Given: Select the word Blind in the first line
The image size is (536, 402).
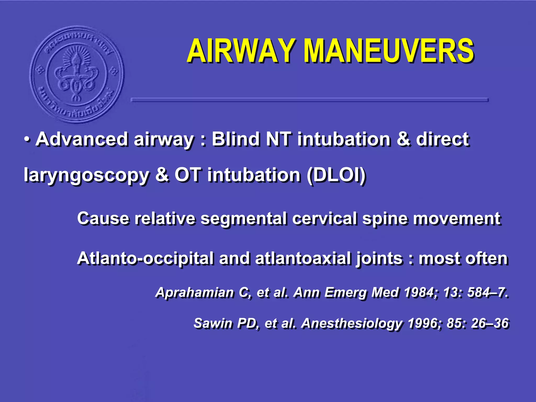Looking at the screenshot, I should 236,139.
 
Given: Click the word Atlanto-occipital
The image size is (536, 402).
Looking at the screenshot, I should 145,259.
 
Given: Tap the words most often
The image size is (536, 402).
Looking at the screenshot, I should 463,259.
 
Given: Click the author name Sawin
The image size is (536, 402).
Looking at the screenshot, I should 213,323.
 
